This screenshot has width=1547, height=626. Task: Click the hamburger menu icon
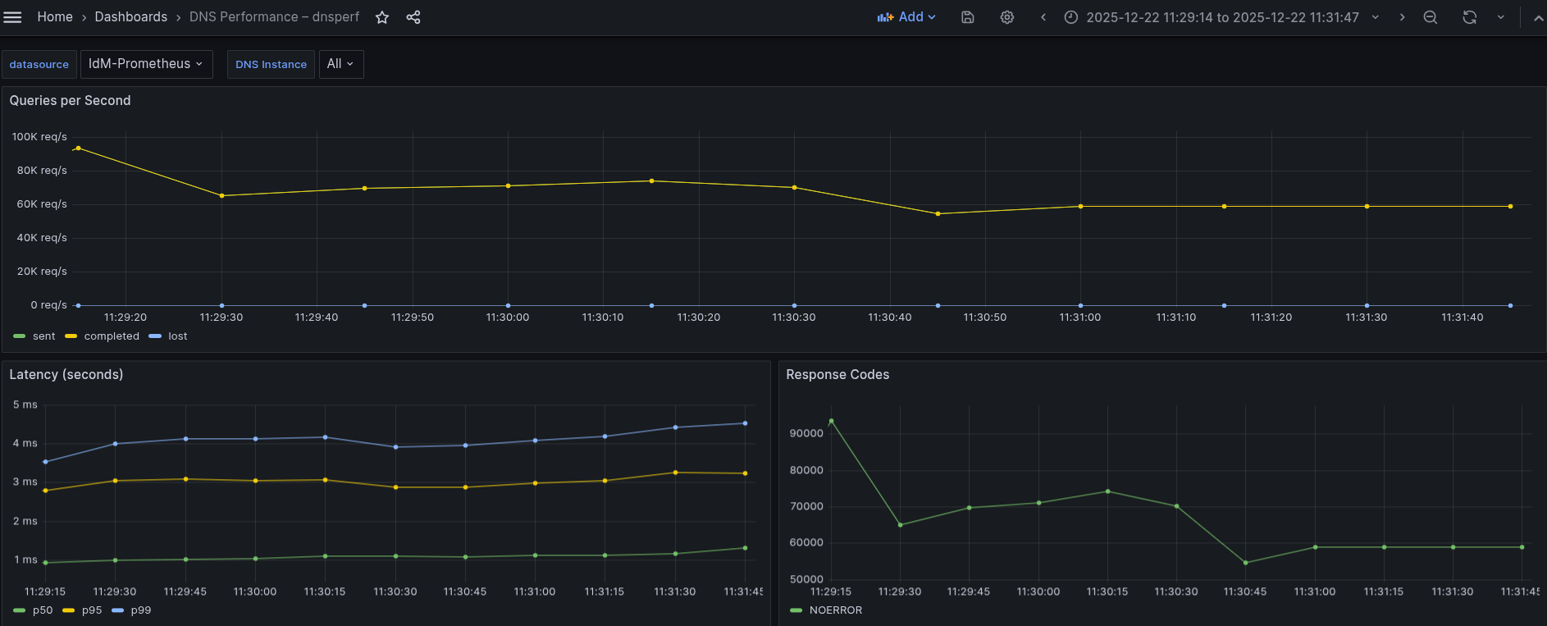(x=13, y=17)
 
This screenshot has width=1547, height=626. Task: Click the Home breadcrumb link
(x=55, y=17)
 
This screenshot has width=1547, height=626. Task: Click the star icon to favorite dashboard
(x=382, y=17)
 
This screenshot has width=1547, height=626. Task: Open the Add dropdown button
(x=906, y=17)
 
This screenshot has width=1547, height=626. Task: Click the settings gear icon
(x=1007, y=17)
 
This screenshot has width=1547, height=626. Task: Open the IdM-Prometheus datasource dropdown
(x=146, y=64)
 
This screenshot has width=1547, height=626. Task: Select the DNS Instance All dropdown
(x=340, y=64)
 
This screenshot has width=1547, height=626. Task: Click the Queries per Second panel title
(x=70, y=101)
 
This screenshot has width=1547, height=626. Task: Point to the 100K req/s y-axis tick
(x=39, y=137)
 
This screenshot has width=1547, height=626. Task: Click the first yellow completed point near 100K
(x=78, y=149)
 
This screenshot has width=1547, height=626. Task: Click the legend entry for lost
(x=177, y=336)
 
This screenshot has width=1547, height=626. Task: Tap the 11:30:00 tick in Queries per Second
(x=508, y=318)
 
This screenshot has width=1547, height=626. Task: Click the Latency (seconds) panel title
(x=66, y=375)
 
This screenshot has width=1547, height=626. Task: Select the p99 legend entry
(x=140, y=610)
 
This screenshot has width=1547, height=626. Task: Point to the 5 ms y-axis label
(x=25, y=405)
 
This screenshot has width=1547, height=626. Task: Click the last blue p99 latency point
(x=745, y=423)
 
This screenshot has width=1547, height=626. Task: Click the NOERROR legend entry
(x=835, y=610)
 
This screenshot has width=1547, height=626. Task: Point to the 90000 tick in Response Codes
(x=806, y=434)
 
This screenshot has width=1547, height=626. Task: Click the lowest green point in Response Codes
(x=1246, y=563)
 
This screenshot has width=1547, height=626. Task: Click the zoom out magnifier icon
(x=1431, y=17)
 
